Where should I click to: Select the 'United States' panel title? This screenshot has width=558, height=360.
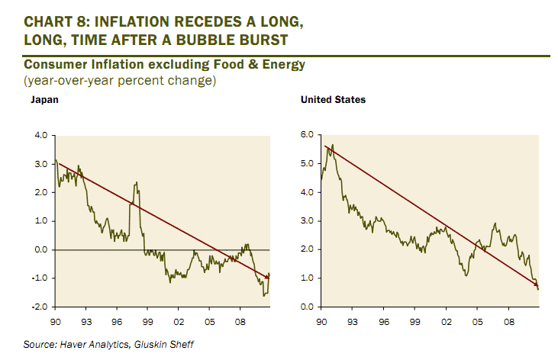click(x=333, y=100)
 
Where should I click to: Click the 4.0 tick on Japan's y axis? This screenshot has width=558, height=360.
click(x=40, y=136)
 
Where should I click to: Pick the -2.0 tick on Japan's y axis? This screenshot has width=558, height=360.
click(x=38, y=307)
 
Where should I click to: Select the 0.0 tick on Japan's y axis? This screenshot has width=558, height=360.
click(x=40, y=249)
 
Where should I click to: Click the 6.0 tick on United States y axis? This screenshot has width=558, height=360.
click(x=308, y=136)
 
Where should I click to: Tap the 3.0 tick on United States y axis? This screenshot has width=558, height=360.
click(x=308, y=221)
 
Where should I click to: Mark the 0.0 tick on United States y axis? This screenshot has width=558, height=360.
click(x=308, y=307)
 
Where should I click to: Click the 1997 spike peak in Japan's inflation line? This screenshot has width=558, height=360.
click(x=136, y=183)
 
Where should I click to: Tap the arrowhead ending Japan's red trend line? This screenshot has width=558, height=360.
click(x=268, y=277)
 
